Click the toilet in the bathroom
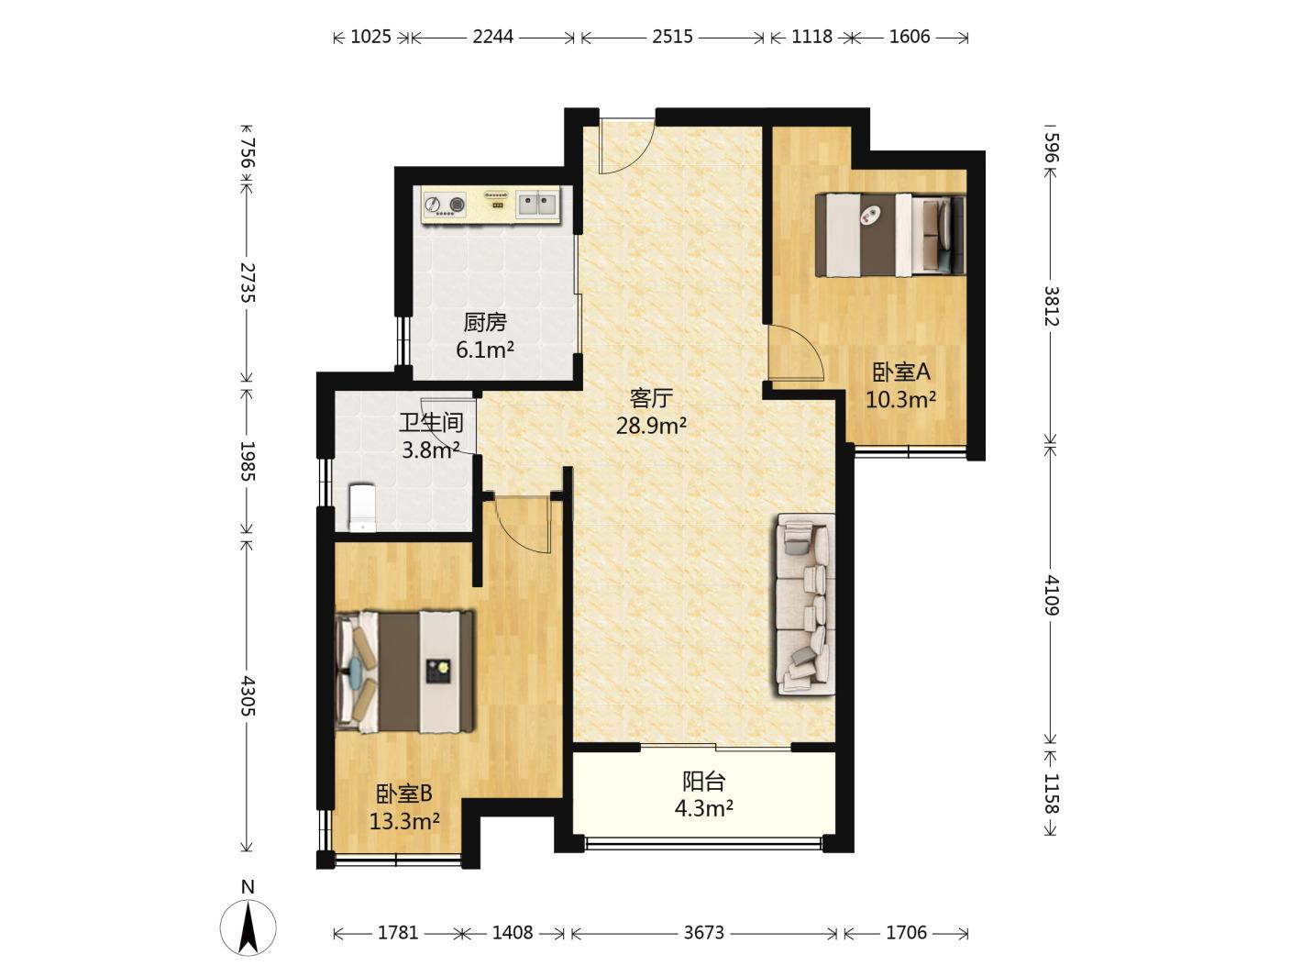[x=362, y=508]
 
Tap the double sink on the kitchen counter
[x=537, y=205]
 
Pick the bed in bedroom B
[x=404, y=672]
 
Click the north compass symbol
[x=248, y=928]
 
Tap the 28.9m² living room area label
[x=651, y=426]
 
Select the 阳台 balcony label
[x=703, y=782]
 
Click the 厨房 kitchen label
[x=485, y=323]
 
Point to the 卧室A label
[x=901, y=372]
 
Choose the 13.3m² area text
[x=404, y=822]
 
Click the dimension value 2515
[x=672, y=37]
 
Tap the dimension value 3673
[x=703, y=933]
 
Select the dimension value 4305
[x=248, y=695]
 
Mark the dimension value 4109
[x=1051, y=595]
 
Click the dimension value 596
[x=1051, y=148]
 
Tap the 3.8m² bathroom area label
[x=431, y=450]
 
